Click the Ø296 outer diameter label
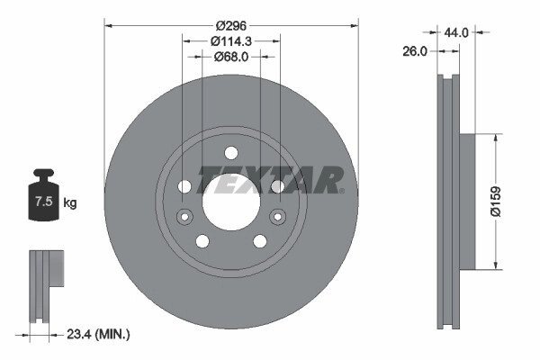tap(231, 25)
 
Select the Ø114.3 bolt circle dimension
tap(231, 41)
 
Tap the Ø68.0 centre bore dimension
tap(231, 57)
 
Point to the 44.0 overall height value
tap(456, 32)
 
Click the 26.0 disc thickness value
tap(415, 51)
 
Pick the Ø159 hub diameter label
tap(495, 202)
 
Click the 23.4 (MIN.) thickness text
tap(98, 334)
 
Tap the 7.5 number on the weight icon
tap(44, 202)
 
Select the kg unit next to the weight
tap(70, 202)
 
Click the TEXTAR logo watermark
tap(270, 180)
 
